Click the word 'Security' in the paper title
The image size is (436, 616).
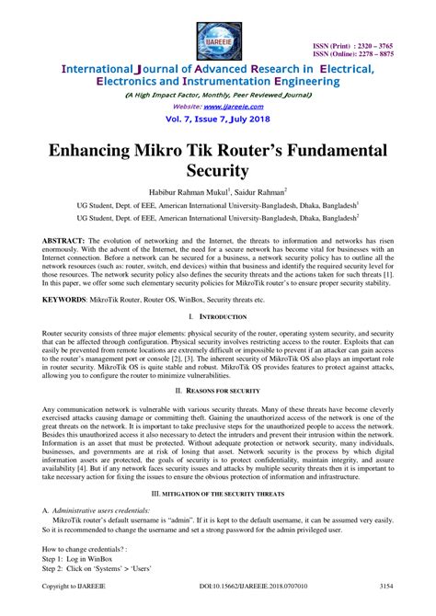tap(218, 171)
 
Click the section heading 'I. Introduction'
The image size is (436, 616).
tap(218, 317)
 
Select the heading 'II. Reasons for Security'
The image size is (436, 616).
tap(218, 390)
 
